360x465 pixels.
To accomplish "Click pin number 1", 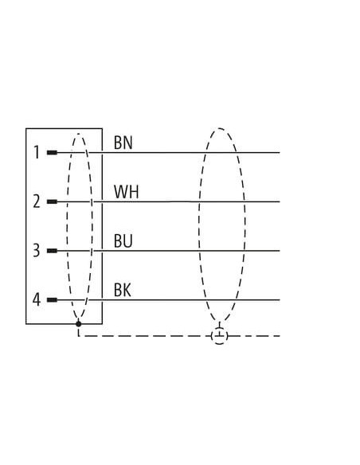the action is [x=37, y=152].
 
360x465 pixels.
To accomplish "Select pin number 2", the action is [x=37, y=201].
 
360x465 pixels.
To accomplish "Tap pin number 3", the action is [x=36, y=251].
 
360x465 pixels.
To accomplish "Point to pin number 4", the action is [x=36, y=300].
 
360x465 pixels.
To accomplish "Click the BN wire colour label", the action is [x=123, y=143].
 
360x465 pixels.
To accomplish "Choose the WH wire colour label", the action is [x=127, y=192].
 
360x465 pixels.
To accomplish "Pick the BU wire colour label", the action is [x=123, y=240].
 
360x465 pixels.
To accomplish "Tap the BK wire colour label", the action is [x=123, y=290].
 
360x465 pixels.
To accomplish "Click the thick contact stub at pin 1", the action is [x=52, y=153].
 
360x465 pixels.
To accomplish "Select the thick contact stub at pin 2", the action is [x=52, y=201].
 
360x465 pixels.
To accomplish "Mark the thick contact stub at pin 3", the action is [x=52, y=251].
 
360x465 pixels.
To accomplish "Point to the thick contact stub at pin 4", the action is [x=52, y=300].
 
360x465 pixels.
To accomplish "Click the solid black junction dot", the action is [x=78, y=323].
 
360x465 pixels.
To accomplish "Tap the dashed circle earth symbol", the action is [x=220, y=336].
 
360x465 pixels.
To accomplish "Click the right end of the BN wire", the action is [x=280, y=153].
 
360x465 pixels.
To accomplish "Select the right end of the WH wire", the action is [x=280, y=201].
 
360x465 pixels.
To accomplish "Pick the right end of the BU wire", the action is [x=280, y=251].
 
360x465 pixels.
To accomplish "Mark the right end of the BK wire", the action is [x=280, y=300].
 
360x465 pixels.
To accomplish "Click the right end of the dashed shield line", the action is [x=280, y=336].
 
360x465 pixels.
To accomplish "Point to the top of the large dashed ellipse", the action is [x=220, y=128].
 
